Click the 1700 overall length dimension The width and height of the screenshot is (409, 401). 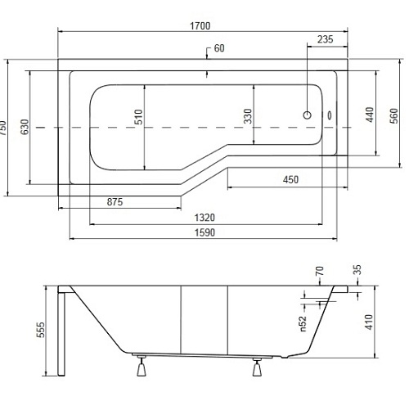pos(200,26)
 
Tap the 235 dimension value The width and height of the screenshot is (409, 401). pos(325,39)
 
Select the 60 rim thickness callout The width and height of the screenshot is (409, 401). pos(219,48)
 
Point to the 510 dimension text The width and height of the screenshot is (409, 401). pos(138,117)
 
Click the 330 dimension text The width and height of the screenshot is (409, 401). pos(248,116)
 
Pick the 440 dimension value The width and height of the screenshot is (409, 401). pos(370,115)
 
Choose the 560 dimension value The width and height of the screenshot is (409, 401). pos(393,115)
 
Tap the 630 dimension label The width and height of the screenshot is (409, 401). pos(25,127)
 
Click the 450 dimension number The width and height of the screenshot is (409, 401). pos(290,179)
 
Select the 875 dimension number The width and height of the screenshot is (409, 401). pos(115,202)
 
